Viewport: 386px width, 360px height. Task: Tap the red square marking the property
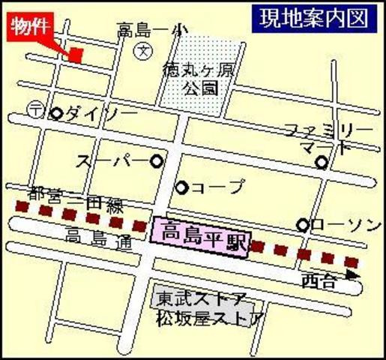point(76,55)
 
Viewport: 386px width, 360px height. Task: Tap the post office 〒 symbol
point(36,108)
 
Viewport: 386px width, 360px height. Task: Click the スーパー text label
point(110,160)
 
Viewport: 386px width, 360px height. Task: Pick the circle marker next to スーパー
point(157,160)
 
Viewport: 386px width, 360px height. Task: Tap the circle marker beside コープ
point(181,187)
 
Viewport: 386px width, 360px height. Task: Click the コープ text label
point(218,187)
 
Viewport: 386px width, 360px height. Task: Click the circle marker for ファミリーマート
point(322,162)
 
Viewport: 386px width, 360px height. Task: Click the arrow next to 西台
point(352,276)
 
